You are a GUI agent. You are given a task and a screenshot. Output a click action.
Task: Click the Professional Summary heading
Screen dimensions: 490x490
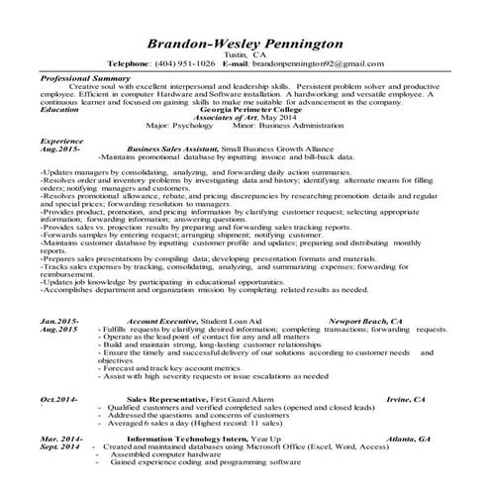point(84,76)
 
